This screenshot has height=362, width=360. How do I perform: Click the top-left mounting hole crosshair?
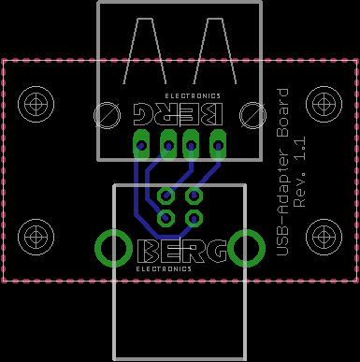coord(36,104)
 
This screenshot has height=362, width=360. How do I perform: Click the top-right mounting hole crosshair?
coord(324,104)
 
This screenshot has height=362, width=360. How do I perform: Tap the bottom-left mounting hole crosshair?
coord(36,237)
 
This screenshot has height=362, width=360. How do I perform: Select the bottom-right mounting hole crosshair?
coord(324,237)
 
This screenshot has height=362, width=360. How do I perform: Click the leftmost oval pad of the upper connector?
coord(141,145)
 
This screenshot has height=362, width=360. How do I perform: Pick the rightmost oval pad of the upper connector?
coord(218,145)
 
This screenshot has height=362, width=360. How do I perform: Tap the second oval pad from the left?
coord(168,145)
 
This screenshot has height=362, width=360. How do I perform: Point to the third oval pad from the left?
coord(191,145)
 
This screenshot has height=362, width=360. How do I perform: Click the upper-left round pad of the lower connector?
coord(166,195)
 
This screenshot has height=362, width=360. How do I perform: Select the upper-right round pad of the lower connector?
coord(194,195)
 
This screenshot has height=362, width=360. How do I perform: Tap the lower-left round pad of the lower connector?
coord(166,218)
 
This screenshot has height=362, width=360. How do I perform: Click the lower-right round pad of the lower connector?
coord(194,218)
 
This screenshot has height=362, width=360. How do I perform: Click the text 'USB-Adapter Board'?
coord(282,172)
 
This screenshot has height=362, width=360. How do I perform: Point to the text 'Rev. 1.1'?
coord(300,172)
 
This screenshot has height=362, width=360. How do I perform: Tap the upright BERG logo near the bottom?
coord(182,251)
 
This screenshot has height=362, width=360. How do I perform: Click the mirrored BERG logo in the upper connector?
coord(179,114)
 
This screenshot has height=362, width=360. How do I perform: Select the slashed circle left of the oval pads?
coord(108,115)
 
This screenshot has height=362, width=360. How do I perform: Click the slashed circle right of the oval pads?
coord(252,115)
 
